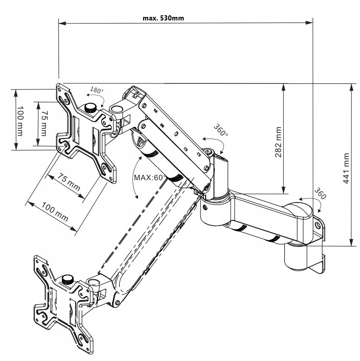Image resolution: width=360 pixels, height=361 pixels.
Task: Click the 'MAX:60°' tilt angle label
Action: coord(148,177)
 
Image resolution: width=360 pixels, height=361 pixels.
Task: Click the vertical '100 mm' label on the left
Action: coord(20,121)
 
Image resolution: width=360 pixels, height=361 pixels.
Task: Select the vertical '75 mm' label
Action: coord(44,123)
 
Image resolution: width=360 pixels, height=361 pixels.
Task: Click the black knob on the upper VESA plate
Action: coord(92,108)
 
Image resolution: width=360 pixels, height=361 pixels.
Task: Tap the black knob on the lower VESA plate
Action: coord(67,280)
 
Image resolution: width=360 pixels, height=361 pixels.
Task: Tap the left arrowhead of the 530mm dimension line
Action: coord(61,22)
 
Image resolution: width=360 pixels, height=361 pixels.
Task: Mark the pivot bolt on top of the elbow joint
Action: coord(208,152)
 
